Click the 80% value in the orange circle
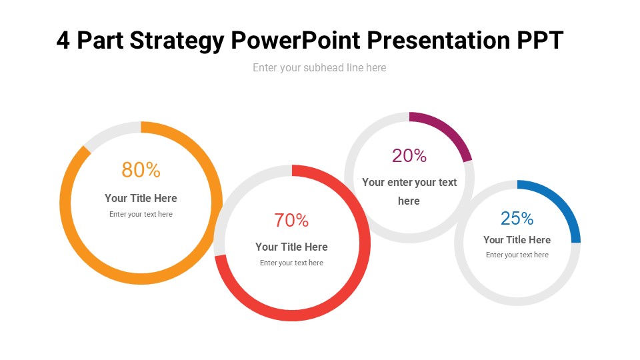[141, 170]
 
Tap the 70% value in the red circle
[291, 220]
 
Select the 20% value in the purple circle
[409, 155]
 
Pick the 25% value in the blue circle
[517, 218]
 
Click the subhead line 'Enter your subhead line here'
[319, 67]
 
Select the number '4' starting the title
[63, 41]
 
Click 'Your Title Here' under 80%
[141, 198]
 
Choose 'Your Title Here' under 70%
[291, 247]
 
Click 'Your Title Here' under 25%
[517, 240]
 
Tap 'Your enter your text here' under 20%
[409, 191]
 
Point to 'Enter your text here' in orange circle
[141, 214]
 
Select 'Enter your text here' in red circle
[291, 263]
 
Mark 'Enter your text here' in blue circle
[517, 255]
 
